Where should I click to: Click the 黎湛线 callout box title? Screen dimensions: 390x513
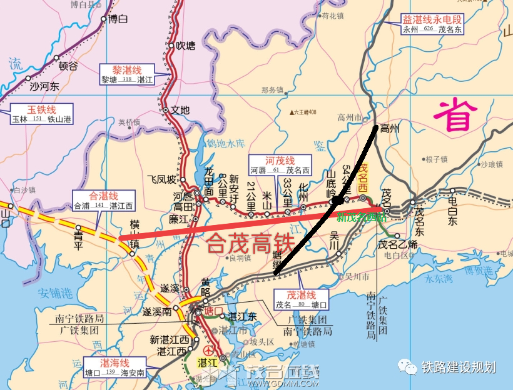(x=127, y=69)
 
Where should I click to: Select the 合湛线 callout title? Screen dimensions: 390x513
(x=103, y=195)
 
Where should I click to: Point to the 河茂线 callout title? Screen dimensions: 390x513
(x=280, y=160)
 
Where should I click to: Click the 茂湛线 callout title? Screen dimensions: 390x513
(x=301, y=295)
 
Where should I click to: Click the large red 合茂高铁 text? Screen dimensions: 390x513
(x=248, y=242)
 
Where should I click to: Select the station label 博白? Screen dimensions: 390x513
(x=118, y=19)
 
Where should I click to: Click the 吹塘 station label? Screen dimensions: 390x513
(x=186, y=46)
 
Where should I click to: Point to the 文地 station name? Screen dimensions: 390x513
(x=180, y=110)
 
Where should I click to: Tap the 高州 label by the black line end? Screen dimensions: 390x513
(x=390, y=129)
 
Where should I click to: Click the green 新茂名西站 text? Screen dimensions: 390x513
(x=361, y=217)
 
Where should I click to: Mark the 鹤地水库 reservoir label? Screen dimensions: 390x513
(x=225, y=144)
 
